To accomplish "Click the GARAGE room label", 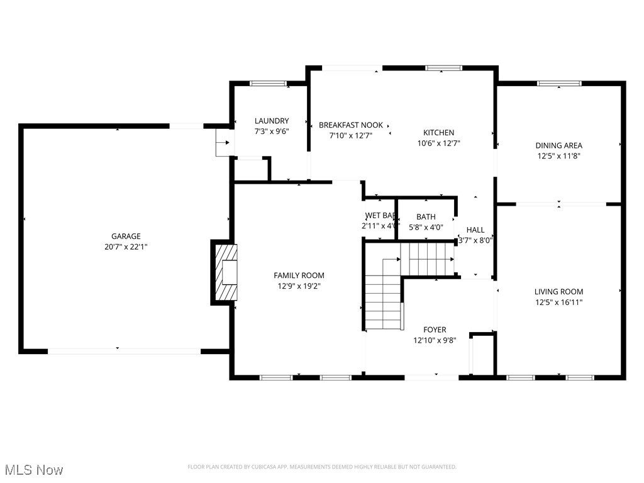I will coord(126,236).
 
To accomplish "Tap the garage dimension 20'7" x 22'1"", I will coord(126,247).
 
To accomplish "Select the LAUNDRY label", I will coord(272,121).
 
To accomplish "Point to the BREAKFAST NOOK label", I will coord(350,125).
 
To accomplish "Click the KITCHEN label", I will coord(438,133).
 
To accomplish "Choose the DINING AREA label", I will coord(558,145).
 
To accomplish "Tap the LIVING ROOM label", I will coord(558,292).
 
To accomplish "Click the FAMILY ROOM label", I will coord(299,275).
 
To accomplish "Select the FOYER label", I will coord(435,330).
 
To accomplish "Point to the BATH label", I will coord(426,217).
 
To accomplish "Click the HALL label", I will coord(475,230).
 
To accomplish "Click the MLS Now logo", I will coord(34,470).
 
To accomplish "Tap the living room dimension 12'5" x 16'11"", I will coord(558,302).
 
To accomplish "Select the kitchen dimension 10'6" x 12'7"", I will coord(438,143).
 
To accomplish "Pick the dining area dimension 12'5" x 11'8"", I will coord(558,155).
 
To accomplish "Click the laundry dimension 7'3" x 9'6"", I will coord(272,131).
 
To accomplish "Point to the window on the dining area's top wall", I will coord(559,83).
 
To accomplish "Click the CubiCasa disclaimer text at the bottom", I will coord(322,467).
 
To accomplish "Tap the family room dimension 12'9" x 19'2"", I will coord(299,286).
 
